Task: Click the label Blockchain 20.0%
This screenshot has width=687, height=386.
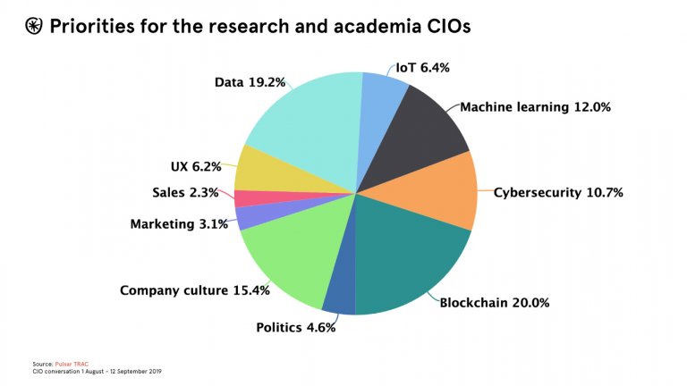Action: coord(494,302)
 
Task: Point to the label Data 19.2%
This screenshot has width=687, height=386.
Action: coord(250,82)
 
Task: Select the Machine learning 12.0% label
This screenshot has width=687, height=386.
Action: coord(535,107)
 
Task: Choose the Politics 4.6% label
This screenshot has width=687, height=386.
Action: coord(295,328)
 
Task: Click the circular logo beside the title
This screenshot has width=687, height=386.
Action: coord(34,27)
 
